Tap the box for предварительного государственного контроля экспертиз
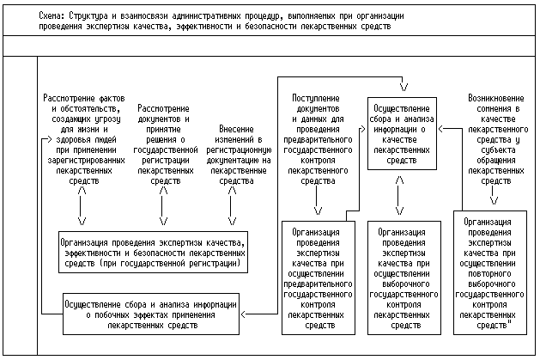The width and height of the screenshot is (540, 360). (x=319, y=278)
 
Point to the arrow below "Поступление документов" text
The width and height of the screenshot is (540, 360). (x=319, y=204)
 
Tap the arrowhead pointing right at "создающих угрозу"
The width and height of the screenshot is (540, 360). (x=48, y=137)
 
